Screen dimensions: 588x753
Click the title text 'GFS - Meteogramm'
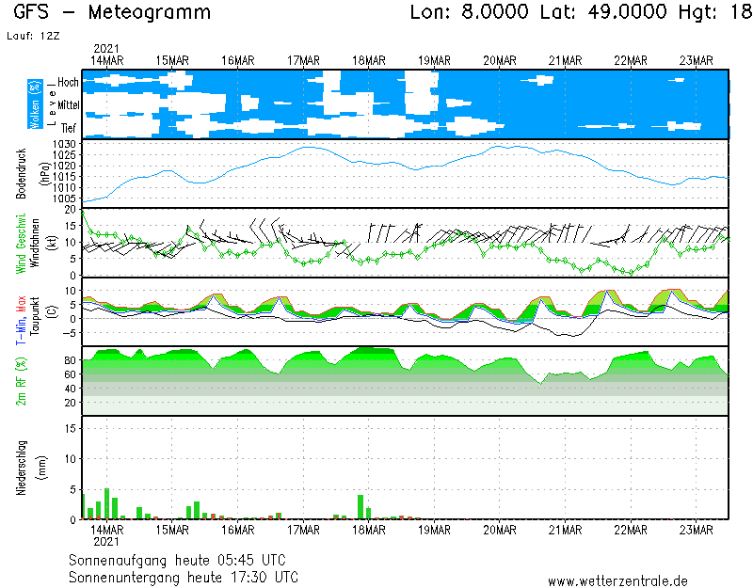[x=113, y=13]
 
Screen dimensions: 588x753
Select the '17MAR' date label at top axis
[x=304, y=60]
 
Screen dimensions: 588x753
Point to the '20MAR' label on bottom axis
[x=500, y=529]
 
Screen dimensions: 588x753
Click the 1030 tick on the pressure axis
[x=64, y=143]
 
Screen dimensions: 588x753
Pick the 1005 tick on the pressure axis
[x=64, y=199]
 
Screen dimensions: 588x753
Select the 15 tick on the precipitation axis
[x=70, y=427]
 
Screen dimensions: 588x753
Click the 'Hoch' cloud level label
[x=68, y=83]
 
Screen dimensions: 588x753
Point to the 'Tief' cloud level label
[x=69, y=126]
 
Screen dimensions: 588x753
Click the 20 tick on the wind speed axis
[x=70, y=210]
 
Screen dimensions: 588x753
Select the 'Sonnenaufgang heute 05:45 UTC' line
[x=183, y=560]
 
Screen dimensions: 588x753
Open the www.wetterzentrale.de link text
[x=617, y=581]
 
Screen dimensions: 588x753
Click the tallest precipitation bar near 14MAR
[x=106, y=503]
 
